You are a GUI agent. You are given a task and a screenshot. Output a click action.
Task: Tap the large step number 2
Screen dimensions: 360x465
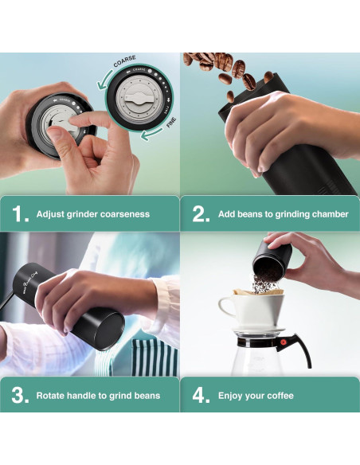point(201,214)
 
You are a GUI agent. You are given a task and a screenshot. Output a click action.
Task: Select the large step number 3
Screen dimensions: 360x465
point(20,395)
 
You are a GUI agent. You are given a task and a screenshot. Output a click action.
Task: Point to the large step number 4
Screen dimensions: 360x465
point(201,395)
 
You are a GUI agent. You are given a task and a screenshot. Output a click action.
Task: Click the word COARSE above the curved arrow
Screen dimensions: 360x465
point(124,61)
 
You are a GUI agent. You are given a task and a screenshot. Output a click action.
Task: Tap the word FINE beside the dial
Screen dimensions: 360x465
point(171,122)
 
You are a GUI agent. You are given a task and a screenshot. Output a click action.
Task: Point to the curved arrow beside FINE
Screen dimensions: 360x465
point(152,134)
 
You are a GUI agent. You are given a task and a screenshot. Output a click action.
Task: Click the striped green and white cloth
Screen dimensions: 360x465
point(155,358)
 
